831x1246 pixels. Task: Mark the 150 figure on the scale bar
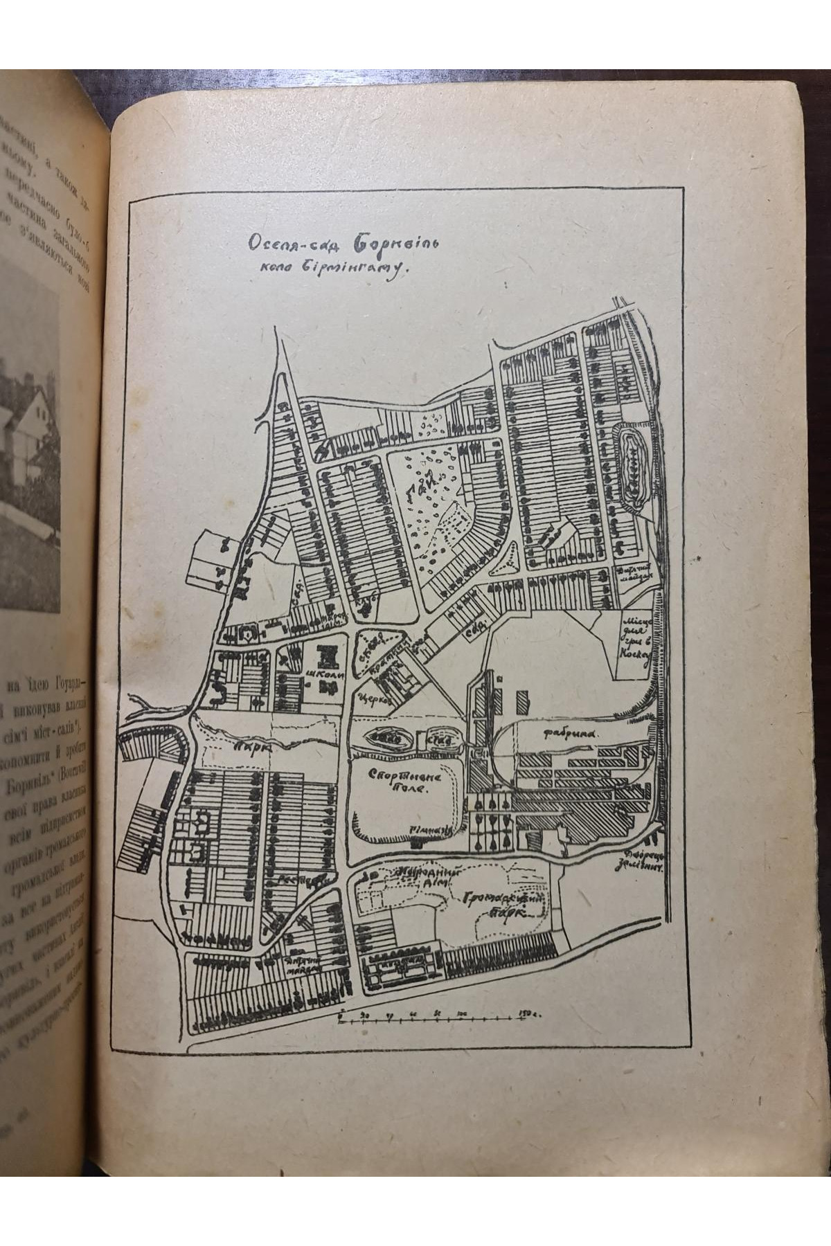[526, 1015]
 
